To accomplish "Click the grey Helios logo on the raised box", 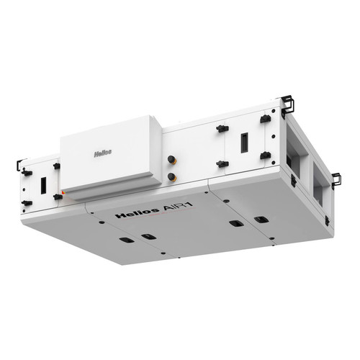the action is [103, 153].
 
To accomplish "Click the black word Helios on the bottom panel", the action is [138, 213].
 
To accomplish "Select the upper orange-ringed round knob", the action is [172, 160].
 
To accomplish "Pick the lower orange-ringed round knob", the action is [172, 177].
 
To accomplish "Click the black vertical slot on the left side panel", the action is [43, 186].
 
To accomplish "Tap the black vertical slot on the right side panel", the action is [244, 143].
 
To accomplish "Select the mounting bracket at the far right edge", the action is [336, 181].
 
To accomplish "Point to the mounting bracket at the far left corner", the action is [19, 164].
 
